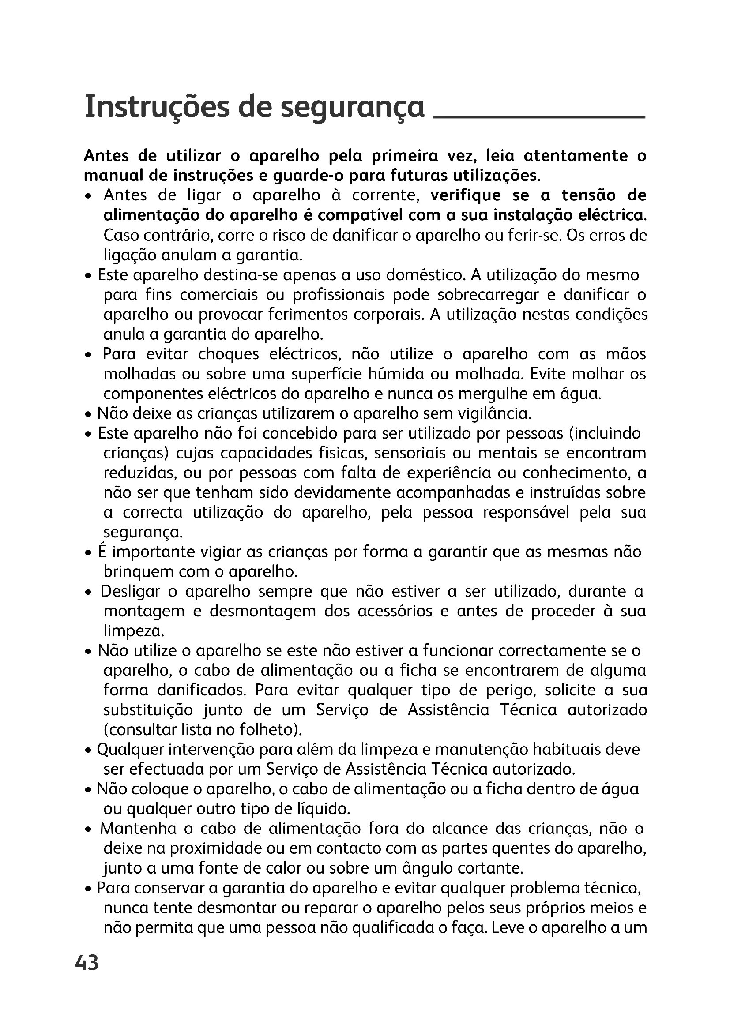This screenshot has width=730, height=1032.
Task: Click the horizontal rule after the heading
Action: click(538, 117)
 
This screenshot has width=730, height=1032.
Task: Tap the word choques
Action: click(228, 354)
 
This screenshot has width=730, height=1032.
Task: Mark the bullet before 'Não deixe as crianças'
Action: click(89, 414)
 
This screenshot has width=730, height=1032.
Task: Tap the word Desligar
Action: click(130, 592)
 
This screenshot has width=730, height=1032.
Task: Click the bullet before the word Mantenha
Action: click(90, 830)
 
